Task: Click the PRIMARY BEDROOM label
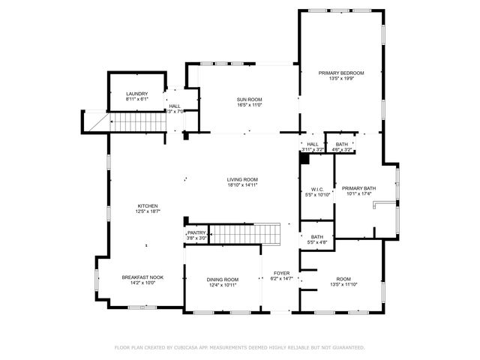pyautogui.click(x=341, y=73)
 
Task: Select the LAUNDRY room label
pyautogui.click(x=137, y=94)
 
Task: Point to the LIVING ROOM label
pyautogui.click(x=243, y=179)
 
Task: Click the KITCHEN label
pyautogui.click(x=148, y=206)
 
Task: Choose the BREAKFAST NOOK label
pyautogui.click(x=142, y=277)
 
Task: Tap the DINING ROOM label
pyautogui.click(x=223, y=280)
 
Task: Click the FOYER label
pyautogui.click(x=280, y=273)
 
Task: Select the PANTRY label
pyautogui.click(x=196, y=233)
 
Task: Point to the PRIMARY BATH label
pyautogui.click(x=358, y=188)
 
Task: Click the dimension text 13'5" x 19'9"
pyautogui.click(x=341, y=78)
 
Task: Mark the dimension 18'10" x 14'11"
pyautogui.click(x=243, y=185)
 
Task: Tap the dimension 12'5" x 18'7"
pyautogui.click(x=148, y=212)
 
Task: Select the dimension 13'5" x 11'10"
pyautogui.click(x=343, y=285)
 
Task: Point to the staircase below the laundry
pyautogui.click(x=137, y=121)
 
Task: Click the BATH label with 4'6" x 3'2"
pyautogui.click(x=342, y=144)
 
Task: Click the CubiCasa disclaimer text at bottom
pyautogui.click(x=239, y=347)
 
